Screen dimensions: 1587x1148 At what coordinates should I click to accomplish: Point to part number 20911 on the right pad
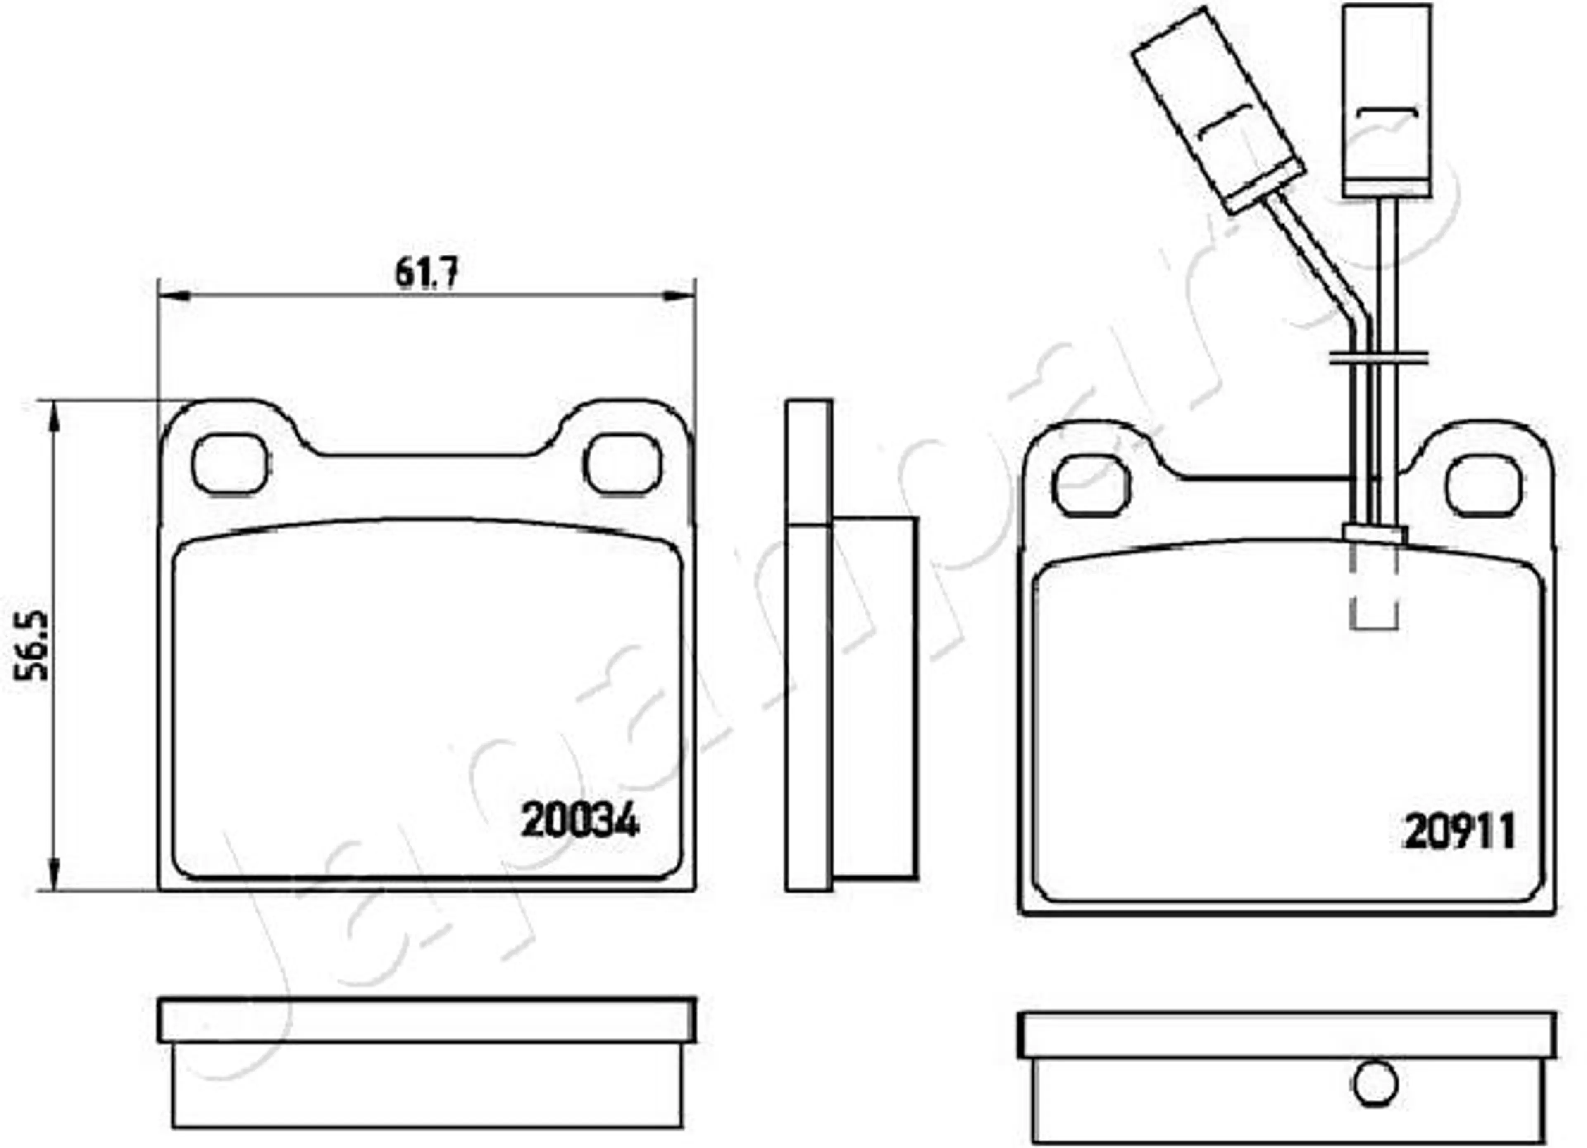pyautogui.click(x=1459, y=831)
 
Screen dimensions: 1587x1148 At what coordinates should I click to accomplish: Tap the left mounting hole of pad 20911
pyautogui.click(x=1091, y=486)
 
